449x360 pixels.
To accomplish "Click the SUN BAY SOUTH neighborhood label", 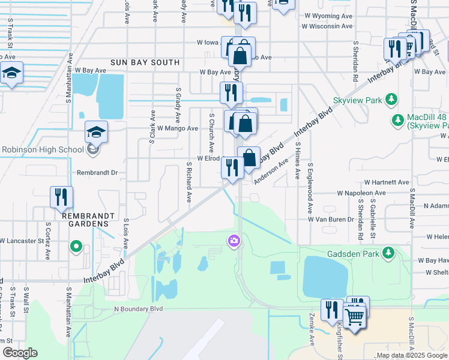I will pos(145,62).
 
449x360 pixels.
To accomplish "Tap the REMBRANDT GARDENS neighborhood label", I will pos(83,218).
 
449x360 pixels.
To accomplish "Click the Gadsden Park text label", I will pos(352,253).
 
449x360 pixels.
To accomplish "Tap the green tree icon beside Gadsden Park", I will pos(389,253).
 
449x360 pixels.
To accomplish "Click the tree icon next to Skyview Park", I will pos(391,98).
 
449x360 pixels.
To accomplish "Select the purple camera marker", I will pos(233,241).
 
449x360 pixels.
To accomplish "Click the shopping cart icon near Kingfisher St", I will pos(355,316).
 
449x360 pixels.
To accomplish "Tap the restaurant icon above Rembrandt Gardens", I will pos(62,197).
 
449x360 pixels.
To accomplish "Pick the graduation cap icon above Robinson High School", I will pos(96,132).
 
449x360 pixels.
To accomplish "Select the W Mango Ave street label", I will pos(178,128).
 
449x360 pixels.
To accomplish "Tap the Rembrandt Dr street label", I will pos(98,172).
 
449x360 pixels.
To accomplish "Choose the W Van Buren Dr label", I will pos(331,220).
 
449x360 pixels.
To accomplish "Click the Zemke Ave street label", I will pos(312,329).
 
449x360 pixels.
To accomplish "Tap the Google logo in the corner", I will pos(20,353).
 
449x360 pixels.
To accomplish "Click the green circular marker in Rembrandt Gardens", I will pos(76,246).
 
